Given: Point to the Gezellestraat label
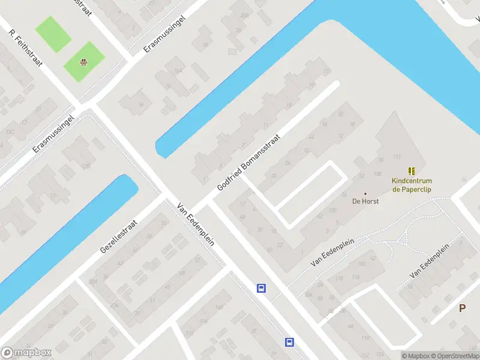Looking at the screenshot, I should coord(119,235).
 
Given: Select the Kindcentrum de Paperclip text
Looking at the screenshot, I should coord(412,185).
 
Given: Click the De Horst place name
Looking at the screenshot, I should coord(365,201).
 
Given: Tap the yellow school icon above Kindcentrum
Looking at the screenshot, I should coord(412,171).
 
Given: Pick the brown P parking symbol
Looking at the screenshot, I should coord(462,308).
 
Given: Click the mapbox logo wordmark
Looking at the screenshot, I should coord(26,353).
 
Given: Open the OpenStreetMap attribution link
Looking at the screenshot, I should coord(456,356).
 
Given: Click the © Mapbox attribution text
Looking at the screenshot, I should coord(416,356).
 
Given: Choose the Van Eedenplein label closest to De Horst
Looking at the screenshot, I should coord(333,252).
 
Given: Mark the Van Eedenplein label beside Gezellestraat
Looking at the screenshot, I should coord(196,224).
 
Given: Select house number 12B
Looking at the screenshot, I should coord(85,166).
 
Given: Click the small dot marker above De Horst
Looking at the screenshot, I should coord(365,194).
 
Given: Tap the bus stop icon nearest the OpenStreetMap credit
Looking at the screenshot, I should coord(289,342).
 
